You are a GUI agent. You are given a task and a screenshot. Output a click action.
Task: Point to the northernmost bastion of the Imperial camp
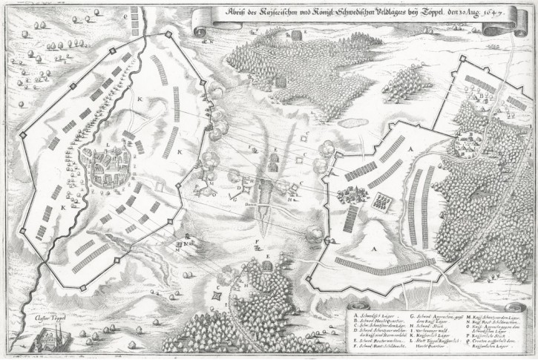pos(169,34)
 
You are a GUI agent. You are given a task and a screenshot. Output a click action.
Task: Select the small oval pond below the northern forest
pos(296,35)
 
